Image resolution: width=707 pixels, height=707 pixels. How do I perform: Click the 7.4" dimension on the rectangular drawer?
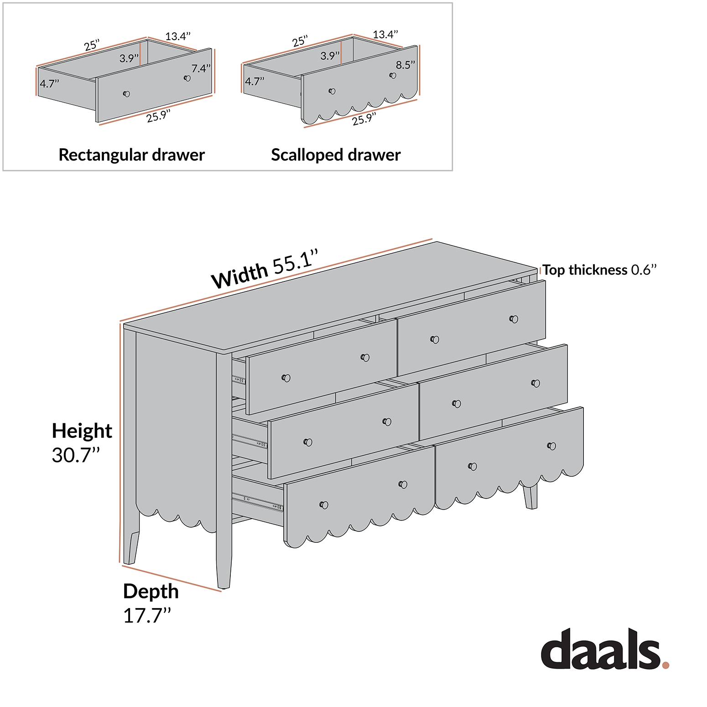201,68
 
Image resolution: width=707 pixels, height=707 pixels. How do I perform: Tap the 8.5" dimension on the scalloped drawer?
405,65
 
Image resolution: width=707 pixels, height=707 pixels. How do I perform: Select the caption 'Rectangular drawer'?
131,155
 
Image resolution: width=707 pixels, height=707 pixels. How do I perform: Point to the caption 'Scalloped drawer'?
336,155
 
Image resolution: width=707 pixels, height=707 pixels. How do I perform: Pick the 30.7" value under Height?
76,455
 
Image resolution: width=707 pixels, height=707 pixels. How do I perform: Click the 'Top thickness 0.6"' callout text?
599,270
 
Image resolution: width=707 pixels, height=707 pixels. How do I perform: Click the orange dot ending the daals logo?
665,665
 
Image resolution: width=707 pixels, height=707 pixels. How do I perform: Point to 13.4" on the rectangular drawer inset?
177,36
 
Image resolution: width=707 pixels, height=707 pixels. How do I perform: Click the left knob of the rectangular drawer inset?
127,94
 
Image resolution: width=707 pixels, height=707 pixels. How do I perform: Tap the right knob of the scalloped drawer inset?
393,75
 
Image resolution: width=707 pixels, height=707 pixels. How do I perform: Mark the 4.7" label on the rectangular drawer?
49,83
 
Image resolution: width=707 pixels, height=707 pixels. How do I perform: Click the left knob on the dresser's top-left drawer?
286,378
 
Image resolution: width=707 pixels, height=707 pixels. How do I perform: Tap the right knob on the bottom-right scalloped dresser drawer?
551,446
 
